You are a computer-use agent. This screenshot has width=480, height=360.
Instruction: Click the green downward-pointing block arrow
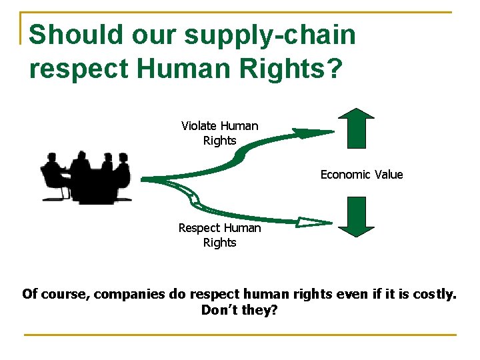(x=356, y=217)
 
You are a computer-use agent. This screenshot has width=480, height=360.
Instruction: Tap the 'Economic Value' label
(x=361, y=175)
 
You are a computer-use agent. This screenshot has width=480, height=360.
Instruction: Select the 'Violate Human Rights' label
(x=219, y=133)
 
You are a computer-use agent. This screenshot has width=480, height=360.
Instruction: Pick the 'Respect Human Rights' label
(x=219, y=235)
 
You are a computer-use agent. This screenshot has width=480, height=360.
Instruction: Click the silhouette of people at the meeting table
(x=86, y=177)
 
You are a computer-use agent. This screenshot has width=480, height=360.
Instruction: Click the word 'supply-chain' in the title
(x=270, y=35)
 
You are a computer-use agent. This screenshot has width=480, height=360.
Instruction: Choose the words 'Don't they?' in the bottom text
(x=239, y=310)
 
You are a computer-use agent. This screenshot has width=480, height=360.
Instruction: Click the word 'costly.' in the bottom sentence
(x=433, y=294)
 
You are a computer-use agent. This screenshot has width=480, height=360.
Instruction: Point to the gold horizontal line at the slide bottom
(x=240, y=334)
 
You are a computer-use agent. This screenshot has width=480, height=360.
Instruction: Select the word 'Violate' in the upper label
(x=199, y=126)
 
